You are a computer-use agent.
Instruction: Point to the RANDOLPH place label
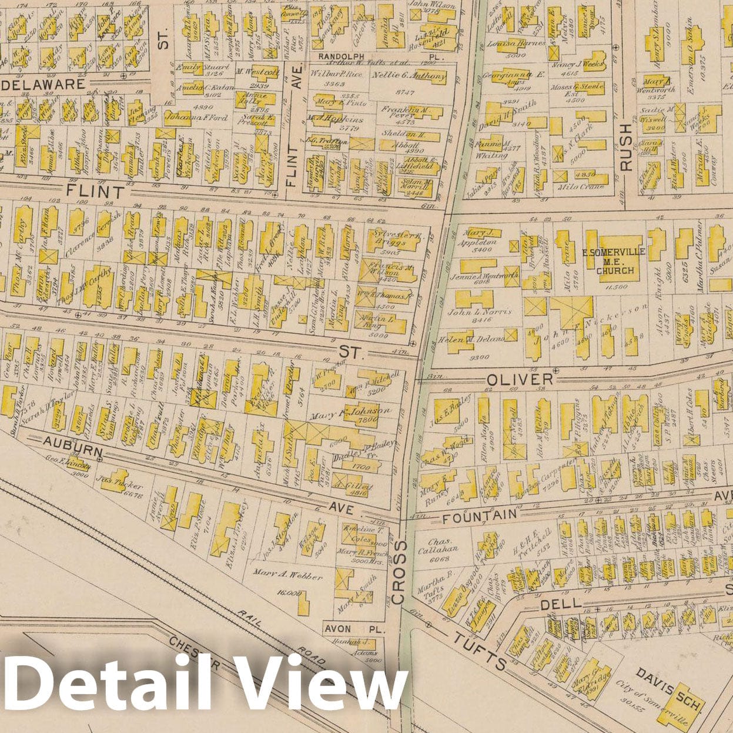338,56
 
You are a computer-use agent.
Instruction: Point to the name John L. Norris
480,312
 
